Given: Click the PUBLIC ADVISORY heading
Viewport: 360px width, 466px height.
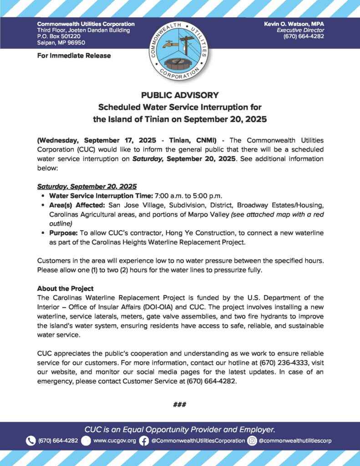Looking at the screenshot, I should point(180,96).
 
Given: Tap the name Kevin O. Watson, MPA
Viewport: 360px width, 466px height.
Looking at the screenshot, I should point(294,24).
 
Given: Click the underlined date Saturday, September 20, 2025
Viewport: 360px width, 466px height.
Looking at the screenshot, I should point(86,187).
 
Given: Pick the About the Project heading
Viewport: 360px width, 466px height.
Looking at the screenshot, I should point(65,289).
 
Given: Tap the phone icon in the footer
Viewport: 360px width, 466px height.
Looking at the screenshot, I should point(31,441).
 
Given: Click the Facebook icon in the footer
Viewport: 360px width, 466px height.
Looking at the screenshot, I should point(144,441).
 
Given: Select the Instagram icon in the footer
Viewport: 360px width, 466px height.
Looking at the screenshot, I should point(252,441).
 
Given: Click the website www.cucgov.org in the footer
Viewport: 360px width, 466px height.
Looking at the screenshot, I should point(114,441).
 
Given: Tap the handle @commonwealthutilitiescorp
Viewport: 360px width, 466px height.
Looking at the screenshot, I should point(295,441).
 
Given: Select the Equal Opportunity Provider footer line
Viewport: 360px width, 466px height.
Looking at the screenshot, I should point(180,429).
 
